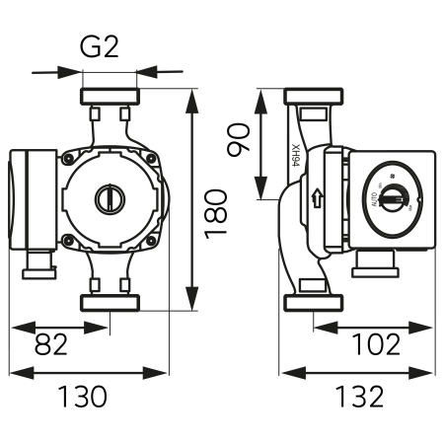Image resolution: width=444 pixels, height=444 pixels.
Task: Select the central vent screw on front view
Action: point(109,197)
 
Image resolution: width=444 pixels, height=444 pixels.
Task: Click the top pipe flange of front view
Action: point(109,99)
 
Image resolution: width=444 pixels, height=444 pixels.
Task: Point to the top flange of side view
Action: point(314,98)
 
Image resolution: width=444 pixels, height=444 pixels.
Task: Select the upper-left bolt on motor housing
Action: point(69,158)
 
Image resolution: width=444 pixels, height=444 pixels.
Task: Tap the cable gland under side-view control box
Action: point(376,262)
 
